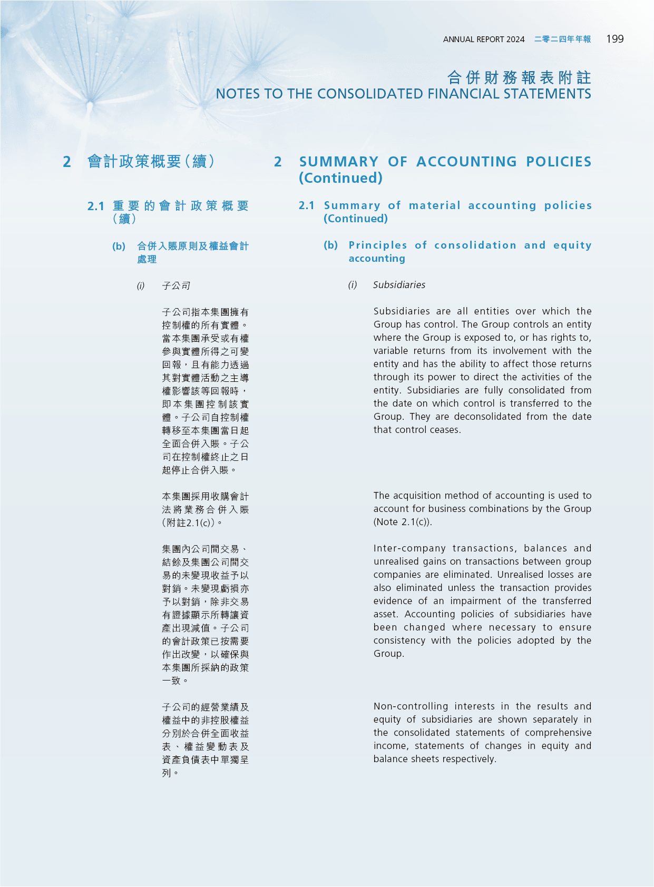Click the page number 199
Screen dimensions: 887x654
click(614, 39)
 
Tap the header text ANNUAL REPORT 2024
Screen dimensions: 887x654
click(484, 40)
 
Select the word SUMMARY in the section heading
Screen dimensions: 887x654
click(339, 162)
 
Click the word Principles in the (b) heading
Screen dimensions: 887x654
click(378, 245)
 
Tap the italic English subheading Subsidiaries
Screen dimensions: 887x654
click(399, 285)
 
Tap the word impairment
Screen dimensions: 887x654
click(475, 601)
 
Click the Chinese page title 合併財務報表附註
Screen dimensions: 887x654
click(519, 78)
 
